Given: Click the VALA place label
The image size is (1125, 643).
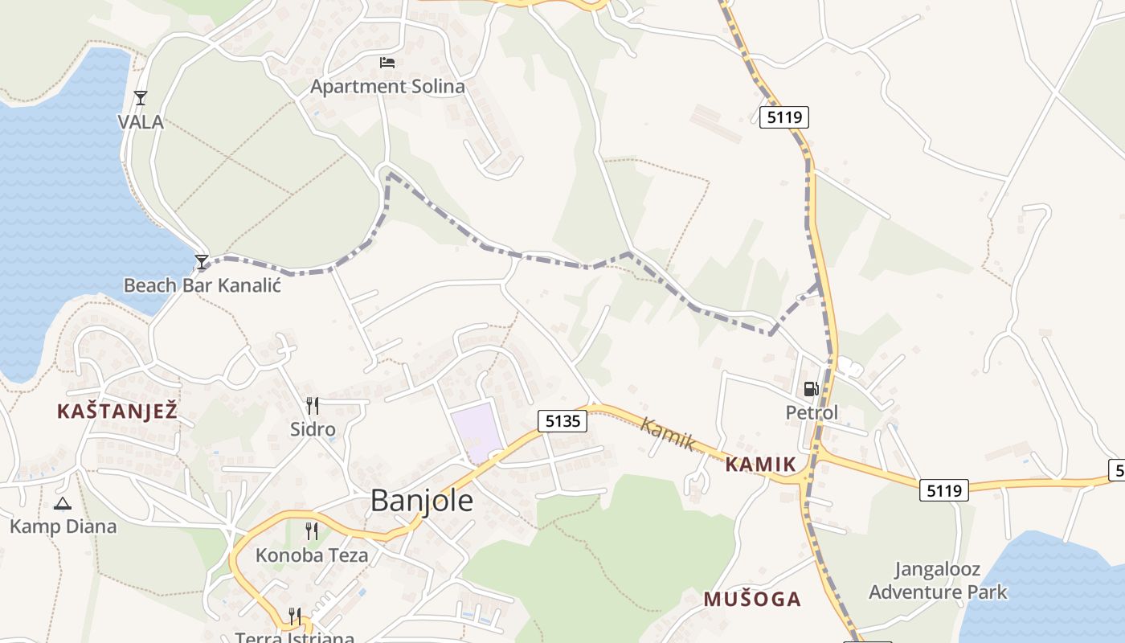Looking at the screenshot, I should [141, 122].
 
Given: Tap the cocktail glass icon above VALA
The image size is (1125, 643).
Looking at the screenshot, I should [141, 98].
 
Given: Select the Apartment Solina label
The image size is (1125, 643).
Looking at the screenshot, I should [387, 86].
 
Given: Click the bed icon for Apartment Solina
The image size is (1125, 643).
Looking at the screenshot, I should [387, 62].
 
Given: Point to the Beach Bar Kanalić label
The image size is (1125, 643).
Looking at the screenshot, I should [202, 285].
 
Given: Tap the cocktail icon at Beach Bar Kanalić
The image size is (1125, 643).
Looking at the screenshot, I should [202, 261].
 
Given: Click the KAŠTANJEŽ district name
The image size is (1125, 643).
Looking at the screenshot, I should [117, 412].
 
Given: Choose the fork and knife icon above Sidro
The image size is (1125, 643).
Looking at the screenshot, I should [313, 406].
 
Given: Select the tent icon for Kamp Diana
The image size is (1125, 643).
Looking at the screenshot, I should [63, 504].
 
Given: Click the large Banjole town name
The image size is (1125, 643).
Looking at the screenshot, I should [421, 501].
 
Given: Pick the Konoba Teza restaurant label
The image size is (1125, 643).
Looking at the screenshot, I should [312, 555].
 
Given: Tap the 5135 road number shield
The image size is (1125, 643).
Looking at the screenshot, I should [563, 420].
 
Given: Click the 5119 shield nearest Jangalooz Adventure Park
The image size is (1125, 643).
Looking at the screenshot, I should [944, 489].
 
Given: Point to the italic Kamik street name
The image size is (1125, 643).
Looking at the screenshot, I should [667, 433].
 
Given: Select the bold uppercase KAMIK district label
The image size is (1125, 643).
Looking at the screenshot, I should [760, 464].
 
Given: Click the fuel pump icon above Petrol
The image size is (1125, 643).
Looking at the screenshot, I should [811, 389].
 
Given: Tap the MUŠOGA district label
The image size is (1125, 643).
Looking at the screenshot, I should [752, 599].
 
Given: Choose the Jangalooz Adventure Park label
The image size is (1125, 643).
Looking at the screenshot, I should [937, 581].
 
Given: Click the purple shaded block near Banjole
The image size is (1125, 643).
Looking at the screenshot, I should [477, 432].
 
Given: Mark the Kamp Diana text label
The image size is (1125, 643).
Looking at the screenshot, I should [63, 527].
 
